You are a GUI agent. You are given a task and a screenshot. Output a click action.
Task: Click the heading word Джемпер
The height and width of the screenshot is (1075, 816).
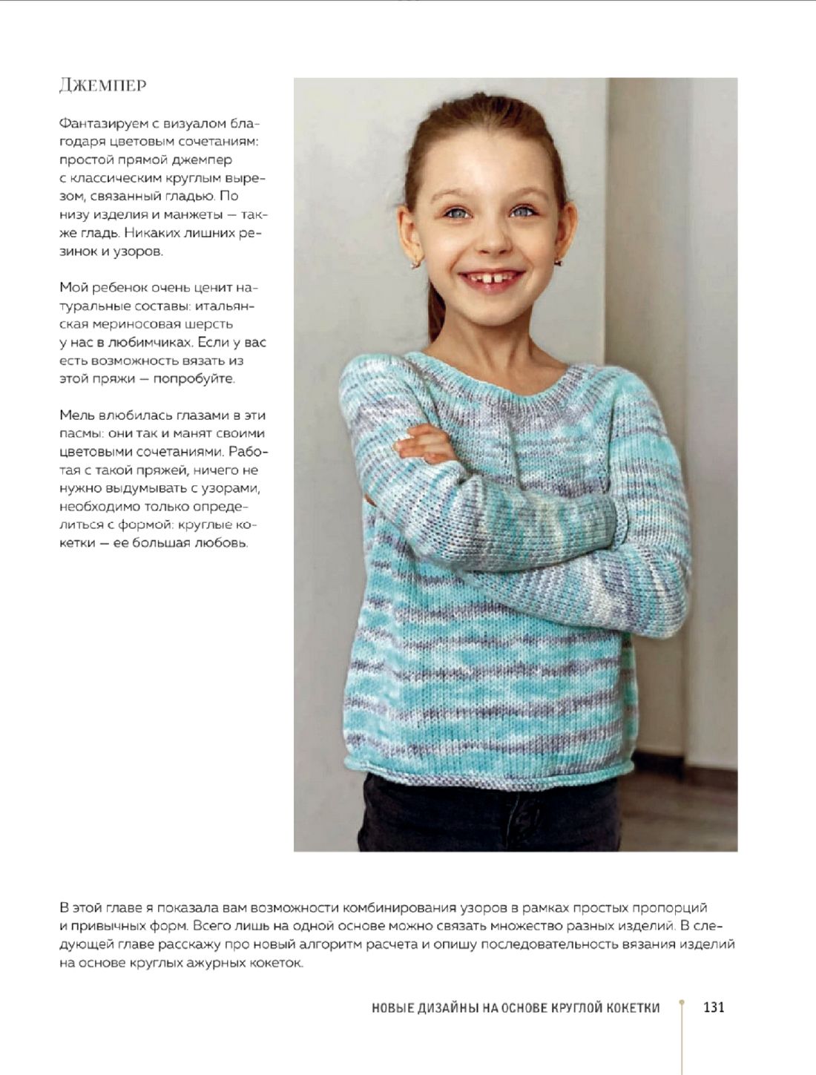tap(102, 85)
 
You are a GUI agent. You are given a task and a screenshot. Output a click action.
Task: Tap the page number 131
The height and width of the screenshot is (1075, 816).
tap(713, 1007)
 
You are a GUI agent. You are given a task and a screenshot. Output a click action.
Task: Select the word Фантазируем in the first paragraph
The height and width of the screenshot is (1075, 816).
tap(99, 123)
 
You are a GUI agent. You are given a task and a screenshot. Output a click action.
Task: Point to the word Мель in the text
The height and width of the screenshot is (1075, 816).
tap(77, 415)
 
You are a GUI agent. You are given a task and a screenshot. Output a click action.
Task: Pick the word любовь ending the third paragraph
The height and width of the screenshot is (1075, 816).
tap(220, 543)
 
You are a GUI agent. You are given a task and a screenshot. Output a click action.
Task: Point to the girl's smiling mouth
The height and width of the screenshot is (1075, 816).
tap(491, 280)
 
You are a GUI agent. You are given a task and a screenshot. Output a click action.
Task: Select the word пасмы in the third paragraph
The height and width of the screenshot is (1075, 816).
tap(77, 434)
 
